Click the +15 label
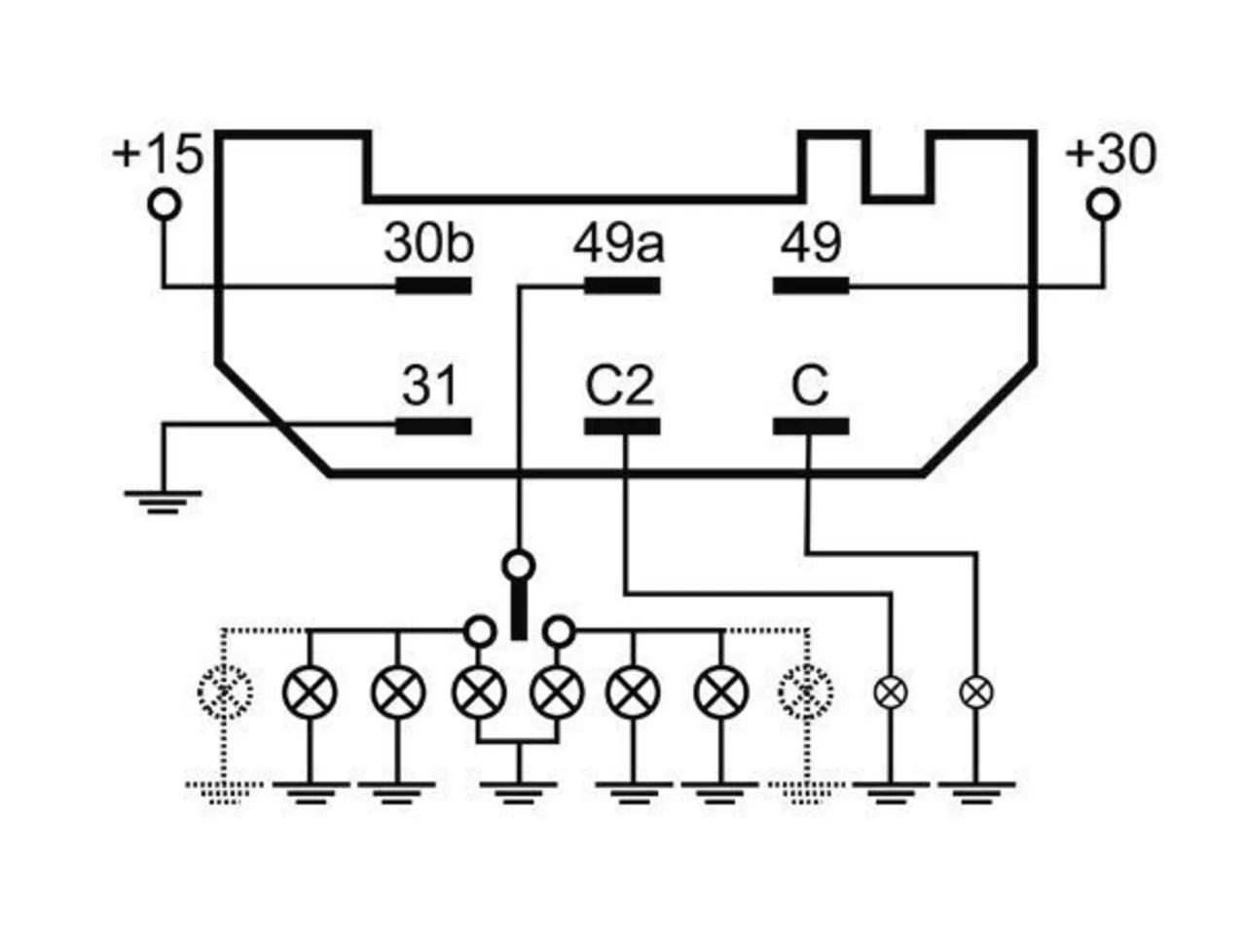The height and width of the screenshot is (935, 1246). point(158,154)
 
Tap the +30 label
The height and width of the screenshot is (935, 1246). point(1111,154)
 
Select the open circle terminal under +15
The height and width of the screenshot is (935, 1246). point(165,205)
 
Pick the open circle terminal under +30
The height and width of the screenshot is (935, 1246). point(1104,205)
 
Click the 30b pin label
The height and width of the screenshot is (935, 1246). point(428,243)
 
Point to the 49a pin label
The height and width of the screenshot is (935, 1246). point(618,243)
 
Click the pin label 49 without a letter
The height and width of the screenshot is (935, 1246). point(811,243)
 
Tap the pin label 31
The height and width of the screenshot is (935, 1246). point(429,385)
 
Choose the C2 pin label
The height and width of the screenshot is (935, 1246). point(619,385)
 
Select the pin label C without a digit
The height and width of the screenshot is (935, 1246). point(810,385)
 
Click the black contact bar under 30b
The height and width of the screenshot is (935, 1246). point(433,285)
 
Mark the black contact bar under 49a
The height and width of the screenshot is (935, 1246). point(622,285)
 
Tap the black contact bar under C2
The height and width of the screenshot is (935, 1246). point(622,427)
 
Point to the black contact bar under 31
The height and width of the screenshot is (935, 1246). point(433,427)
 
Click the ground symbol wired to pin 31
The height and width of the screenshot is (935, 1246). point(163,502)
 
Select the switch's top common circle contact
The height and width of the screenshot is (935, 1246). point(518,566)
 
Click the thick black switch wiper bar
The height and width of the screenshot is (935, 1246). point(518,611)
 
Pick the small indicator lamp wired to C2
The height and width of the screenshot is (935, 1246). point(891,692)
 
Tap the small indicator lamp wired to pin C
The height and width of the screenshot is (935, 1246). point(976,692)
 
